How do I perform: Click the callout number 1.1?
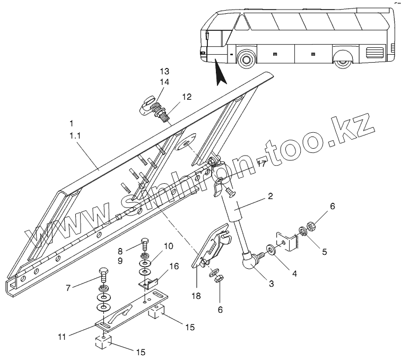pos(74,136)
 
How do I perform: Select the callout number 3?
pos(271,284)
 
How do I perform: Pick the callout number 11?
pos(62,336)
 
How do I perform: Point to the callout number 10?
pos(168,246)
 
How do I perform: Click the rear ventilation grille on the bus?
pos(375,53)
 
